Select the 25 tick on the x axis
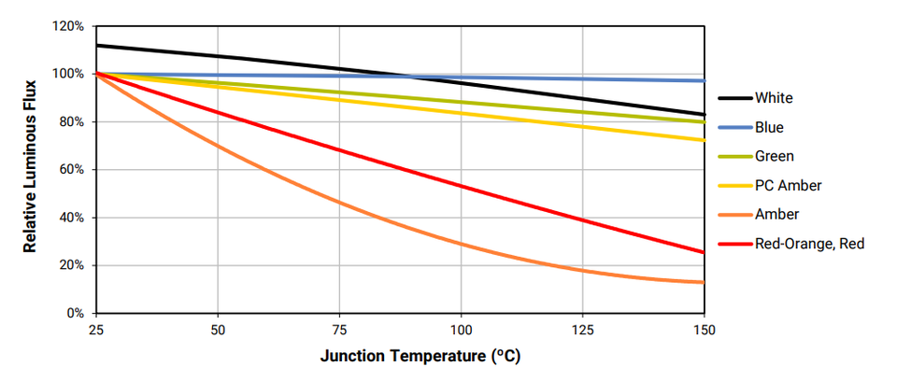(x=96, y=330)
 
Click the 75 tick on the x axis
(x=339, y=330)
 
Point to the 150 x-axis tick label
(x=704, y=330)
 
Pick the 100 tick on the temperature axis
(x=461, y=330)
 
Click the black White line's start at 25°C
(x=97, y=45)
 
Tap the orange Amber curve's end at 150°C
(x=704, y=282)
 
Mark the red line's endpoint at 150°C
(x=704, y=252)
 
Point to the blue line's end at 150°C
(x=704, y=81)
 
